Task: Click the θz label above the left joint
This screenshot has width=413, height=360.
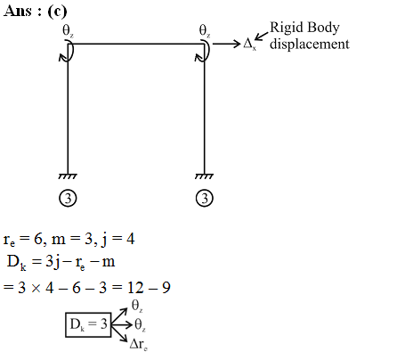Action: pos(68,31)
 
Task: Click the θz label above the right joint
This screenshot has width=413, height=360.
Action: pos(205,31)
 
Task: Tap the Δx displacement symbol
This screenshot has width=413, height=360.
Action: pos(249,44)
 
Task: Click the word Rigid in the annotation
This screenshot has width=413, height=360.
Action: pos(286,29)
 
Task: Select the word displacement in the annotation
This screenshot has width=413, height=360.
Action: pos(310,44)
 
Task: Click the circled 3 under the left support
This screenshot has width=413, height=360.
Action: pos(68,198)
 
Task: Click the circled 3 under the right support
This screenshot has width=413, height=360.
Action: pos(205,198)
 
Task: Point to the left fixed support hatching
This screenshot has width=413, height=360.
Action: pos(68,176)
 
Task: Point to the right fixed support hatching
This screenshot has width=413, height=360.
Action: pos(205,176)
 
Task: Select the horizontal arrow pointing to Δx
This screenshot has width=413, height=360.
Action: pos(226,44)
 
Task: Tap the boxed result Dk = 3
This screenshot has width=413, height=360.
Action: pos(88,324)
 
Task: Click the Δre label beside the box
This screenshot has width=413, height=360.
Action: pos(139,345)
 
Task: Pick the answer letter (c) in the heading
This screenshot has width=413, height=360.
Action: pos(57,12)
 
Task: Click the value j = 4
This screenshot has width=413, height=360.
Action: pos(118,240)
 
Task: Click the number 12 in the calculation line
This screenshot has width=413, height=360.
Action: pos(136,288)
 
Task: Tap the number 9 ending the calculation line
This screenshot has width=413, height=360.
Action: pos(166,288)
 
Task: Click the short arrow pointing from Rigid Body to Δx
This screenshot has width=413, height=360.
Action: pos(261,37)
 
